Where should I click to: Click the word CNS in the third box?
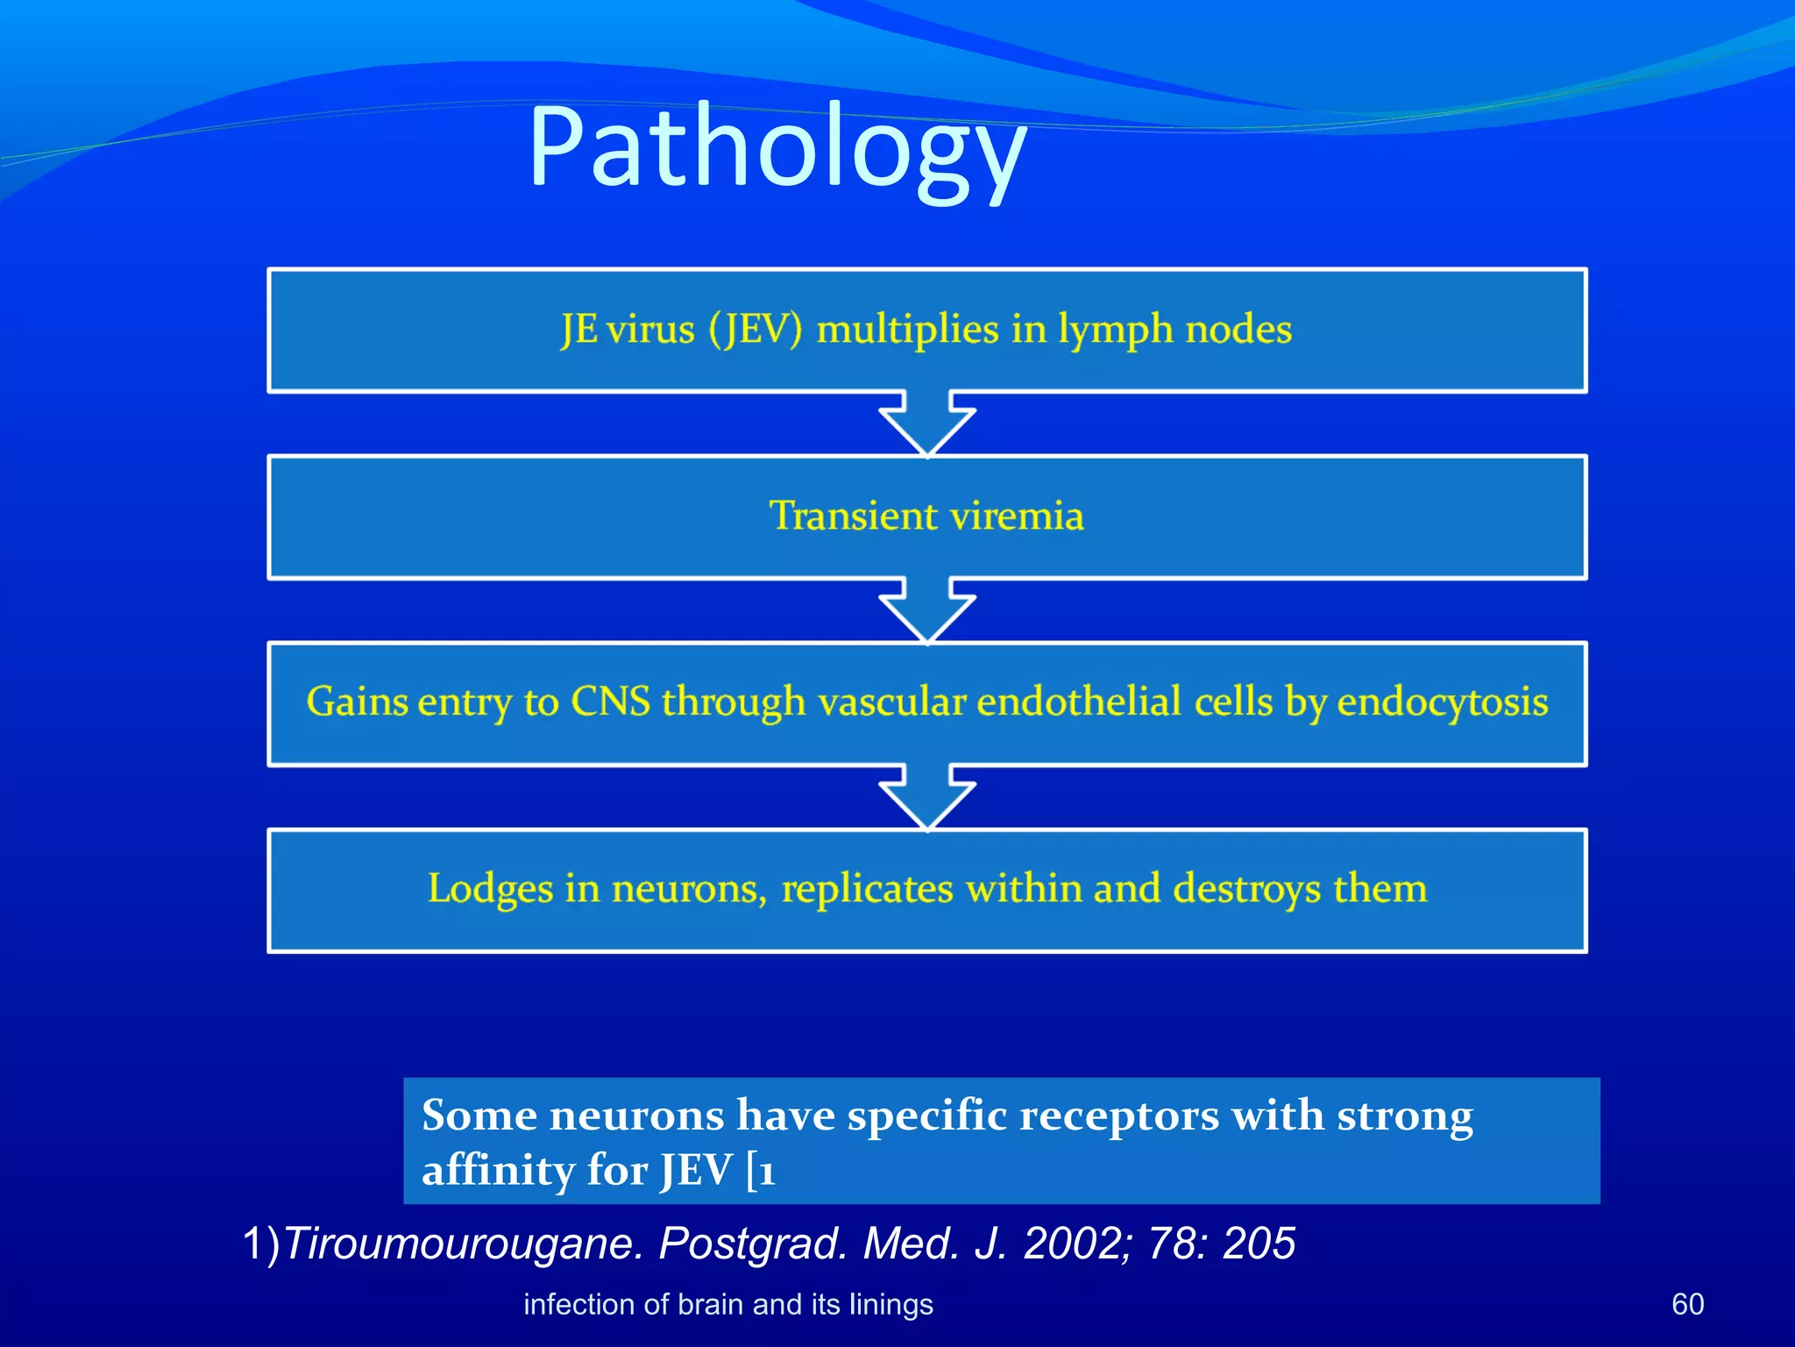610,702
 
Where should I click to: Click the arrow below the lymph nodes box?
927,423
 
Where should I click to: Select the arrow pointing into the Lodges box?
927,796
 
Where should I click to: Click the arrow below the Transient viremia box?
927,609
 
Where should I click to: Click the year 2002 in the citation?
1077,1244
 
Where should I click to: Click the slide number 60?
1687,1304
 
